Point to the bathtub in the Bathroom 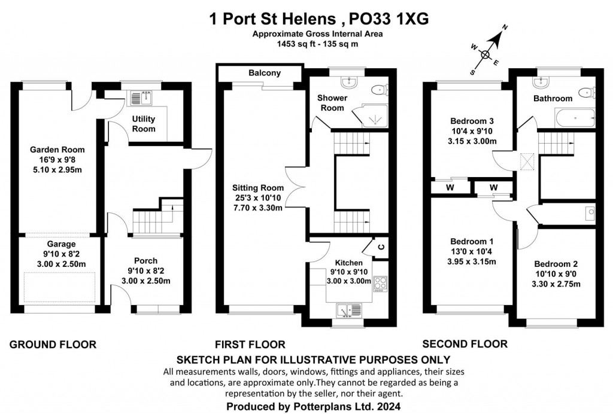coord(575,118)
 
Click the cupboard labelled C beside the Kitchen coord(381,246)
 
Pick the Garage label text coord(62,244)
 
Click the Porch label coord(146,261)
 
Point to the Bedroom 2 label coord(556,264)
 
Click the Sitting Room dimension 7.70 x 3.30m coord(259,208)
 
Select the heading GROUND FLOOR coord(53,344)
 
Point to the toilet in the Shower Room coord(378,90)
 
